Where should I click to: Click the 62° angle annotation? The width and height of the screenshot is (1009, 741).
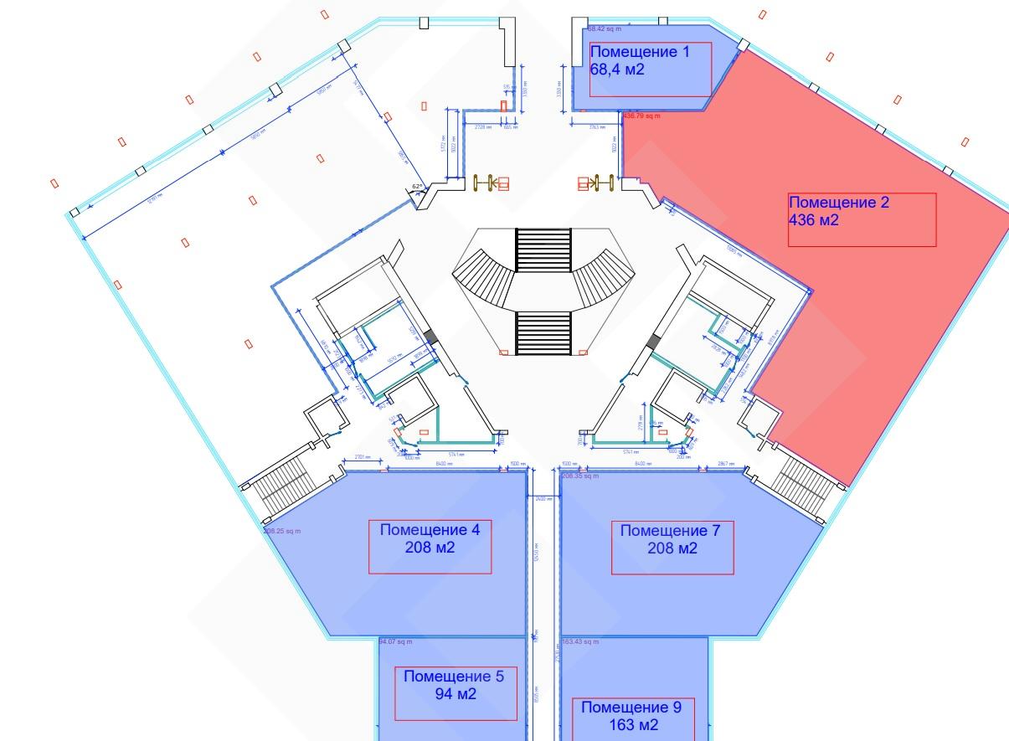(416, 187)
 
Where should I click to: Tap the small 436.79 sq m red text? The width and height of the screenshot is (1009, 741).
(641, 116)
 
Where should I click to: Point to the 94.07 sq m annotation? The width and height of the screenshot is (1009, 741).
(395, 642)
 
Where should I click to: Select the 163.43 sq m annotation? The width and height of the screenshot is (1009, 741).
(579, 642)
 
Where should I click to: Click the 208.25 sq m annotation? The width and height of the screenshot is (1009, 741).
(281, 531)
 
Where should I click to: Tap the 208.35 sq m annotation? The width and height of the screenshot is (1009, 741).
(579, 476)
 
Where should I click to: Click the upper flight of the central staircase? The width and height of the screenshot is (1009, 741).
(543, 249)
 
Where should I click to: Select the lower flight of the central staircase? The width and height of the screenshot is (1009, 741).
(543, 332)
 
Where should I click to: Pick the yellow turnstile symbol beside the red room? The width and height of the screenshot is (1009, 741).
(597, 183)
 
